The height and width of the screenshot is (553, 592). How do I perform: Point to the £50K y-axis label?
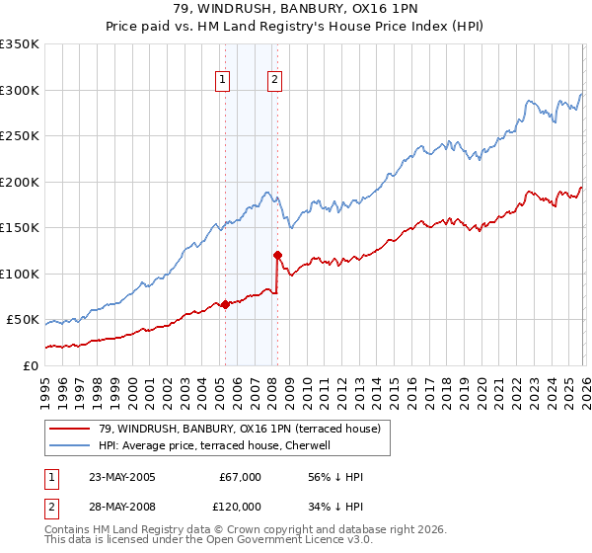pos(22,320)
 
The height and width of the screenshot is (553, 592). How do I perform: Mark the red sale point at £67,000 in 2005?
pos(225,304)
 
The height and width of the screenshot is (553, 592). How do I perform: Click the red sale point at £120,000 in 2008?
pos(277,255)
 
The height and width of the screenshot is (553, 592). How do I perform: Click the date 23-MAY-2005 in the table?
pos(121,477)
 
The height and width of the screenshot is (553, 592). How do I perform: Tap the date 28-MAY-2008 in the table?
pos(121,507)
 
